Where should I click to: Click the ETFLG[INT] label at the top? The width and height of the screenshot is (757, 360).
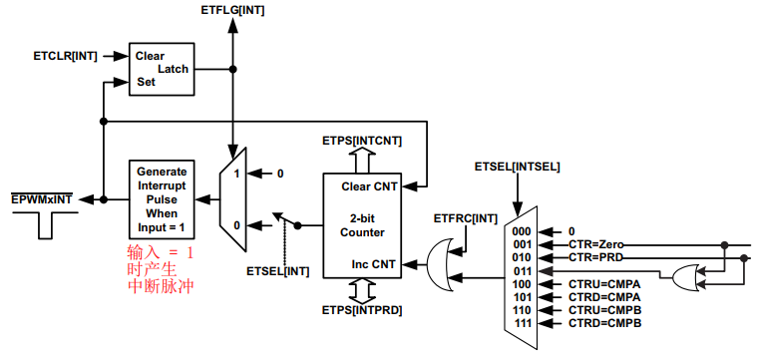point(231,11)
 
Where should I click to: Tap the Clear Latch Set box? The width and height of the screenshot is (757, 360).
point(162,69)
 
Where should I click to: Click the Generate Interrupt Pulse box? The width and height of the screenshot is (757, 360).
point(162,198)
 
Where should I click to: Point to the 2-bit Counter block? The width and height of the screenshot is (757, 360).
point(361,225)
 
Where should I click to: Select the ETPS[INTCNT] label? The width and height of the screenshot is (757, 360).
point(361,141)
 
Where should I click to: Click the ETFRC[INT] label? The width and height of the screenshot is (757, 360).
point(466,218)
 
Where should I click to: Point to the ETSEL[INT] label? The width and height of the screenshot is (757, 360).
point(276,270)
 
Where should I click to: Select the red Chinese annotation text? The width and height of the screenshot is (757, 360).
point(160,269)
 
